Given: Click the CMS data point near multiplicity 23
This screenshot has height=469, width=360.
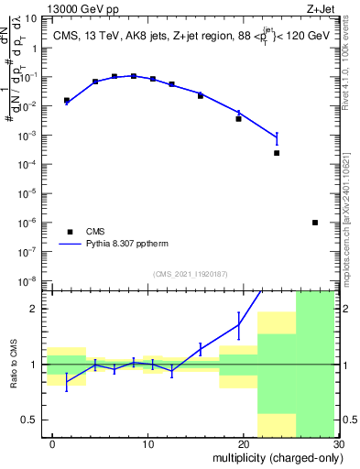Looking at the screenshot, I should click(x=277, y=153).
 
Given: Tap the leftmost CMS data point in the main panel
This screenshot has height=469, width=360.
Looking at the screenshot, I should click(x=67, y=101).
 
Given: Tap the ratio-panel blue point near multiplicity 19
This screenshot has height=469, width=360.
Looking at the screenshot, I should click(x=238, y=325).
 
